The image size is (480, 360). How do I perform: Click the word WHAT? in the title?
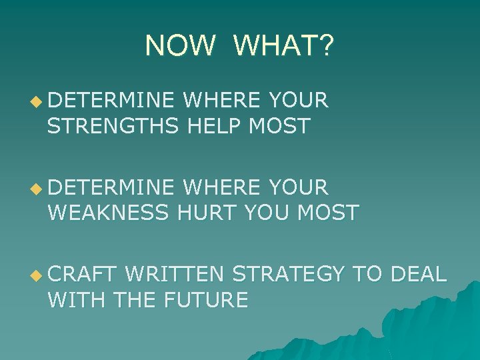pyautogui.click(x=285, y=45)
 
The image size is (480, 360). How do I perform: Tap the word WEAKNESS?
pyautogui.click(x=111, y=213)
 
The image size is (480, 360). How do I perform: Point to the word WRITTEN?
pyautogui.click(x=176, y=274)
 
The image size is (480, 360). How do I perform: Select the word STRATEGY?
pyautogui.click(x=289, y=274)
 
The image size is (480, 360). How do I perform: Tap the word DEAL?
pyautogui.click(x=418, y=274)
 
